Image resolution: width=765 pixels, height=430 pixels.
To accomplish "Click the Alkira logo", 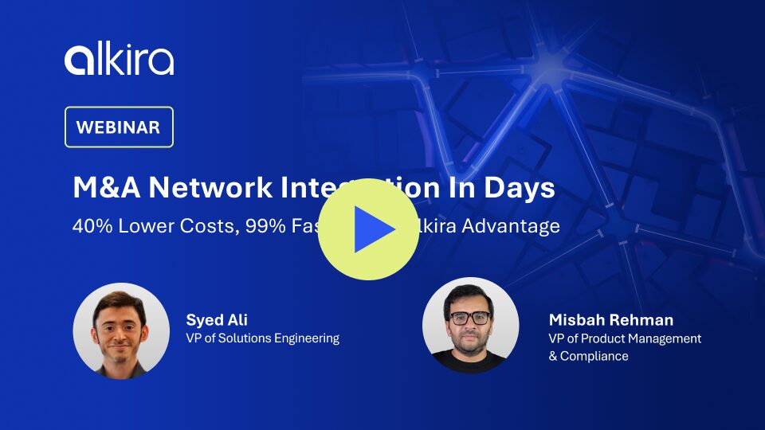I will (120, 61).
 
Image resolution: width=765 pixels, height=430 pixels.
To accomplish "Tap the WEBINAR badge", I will (119, 127).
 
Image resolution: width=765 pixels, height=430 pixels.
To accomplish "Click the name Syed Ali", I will (217, 320).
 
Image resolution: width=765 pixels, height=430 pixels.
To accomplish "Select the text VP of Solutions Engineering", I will (263, 338).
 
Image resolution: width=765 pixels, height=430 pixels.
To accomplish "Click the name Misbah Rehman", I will (611, 320).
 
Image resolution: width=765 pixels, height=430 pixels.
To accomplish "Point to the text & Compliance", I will (588, 356).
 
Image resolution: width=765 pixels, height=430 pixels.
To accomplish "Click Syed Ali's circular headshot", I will (121, 330).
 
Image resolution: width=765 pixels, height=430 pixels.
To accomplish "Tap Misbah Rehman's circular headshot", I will (470, 325).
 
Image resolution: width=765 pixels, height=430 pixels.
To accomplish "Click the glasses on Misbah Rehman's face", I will (469, 318).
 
